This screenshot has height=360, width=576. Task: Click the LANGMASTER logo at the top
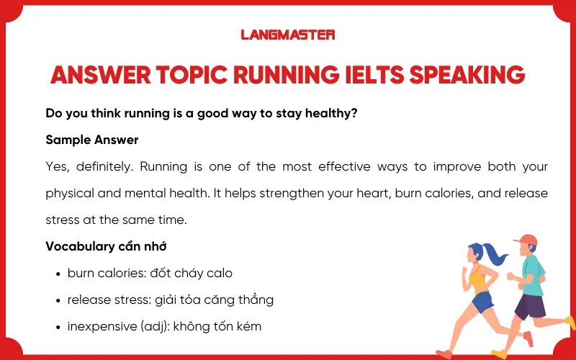(x=288, y=34)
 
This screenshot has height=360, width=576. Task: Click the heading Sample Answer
(x=91, y=140)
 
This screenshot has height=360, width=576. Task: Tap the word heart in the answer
(x=307, y=194)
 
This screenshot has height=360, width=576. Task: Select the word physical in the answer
(x=68, y=194)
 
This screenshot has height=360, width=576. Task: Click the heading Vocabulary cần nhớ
(x=106, y=246)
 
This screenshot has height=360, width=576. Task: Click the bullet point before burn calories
(x=57, y=274)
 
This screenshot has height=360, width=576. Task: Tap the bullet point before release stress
(x=57, y=300)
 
